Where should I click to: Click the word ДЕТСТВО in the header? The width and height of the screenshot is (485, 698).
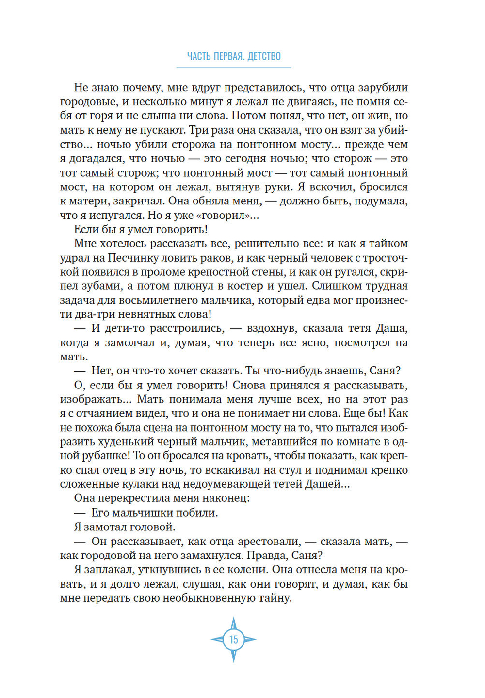tap(264, 56)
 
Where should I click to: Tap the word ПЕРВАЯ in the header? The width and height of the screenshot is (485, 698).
tap(229, 56)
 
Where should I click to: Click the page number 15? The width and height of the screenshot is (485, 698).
tap(234, 639)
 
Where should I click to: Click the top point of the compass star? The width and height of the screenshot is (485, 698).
tap(234, 620)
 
